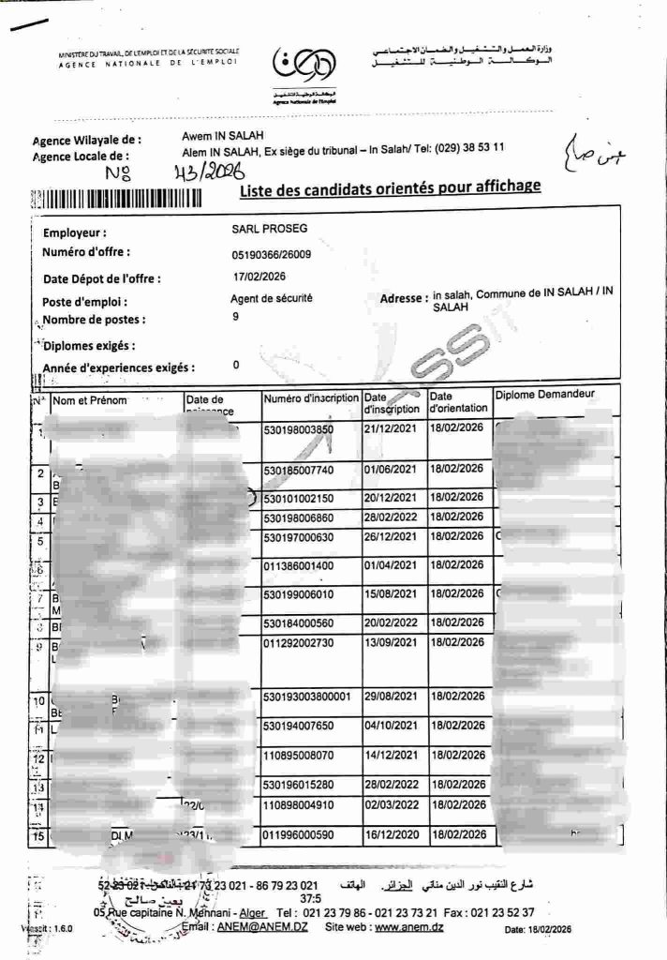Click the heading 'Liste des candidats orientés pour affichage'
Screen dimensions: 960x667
point(390,187)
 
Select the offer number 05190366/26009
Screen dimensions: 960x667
point(272,254)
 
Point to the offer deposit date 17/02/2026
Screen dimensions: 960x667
point(259,277)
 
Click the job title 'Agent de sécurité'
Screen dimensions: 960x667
point(272,299)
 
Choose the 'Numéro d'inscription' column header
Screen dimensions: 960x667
point(311,400)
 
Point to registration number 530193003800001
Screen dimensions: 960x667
point(313,697)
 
